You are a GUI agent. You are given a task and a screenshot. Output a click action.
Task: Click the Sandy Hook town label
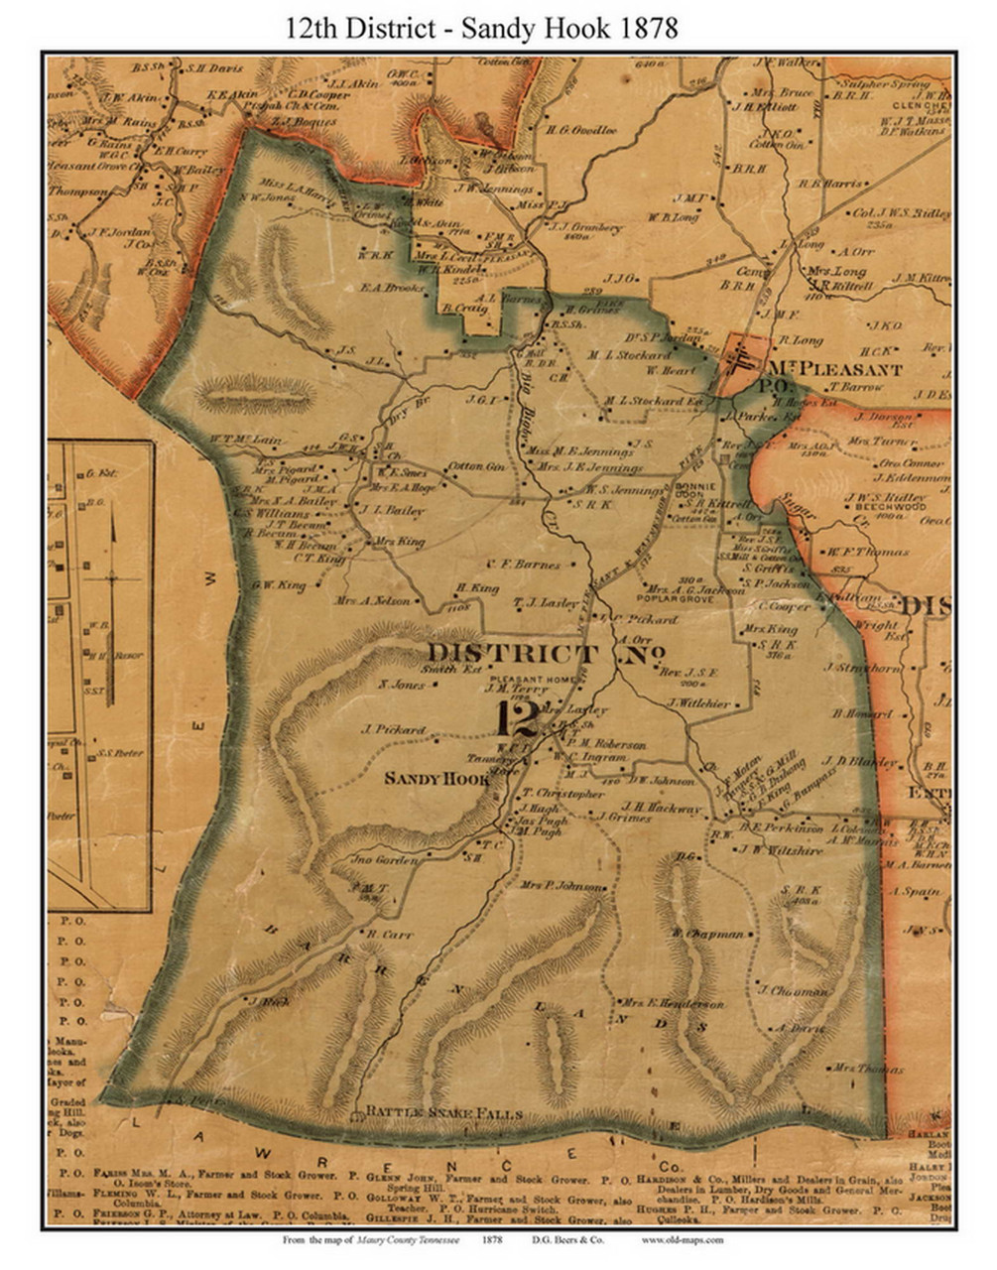click(x=437, y=779)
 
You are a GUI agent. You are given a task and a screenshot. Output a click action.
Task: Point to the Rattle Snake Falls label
click(x=443, y=1114)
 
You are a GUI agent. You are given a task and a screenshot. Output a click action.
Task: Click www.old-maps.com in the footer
click(x=683, y=1239)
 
